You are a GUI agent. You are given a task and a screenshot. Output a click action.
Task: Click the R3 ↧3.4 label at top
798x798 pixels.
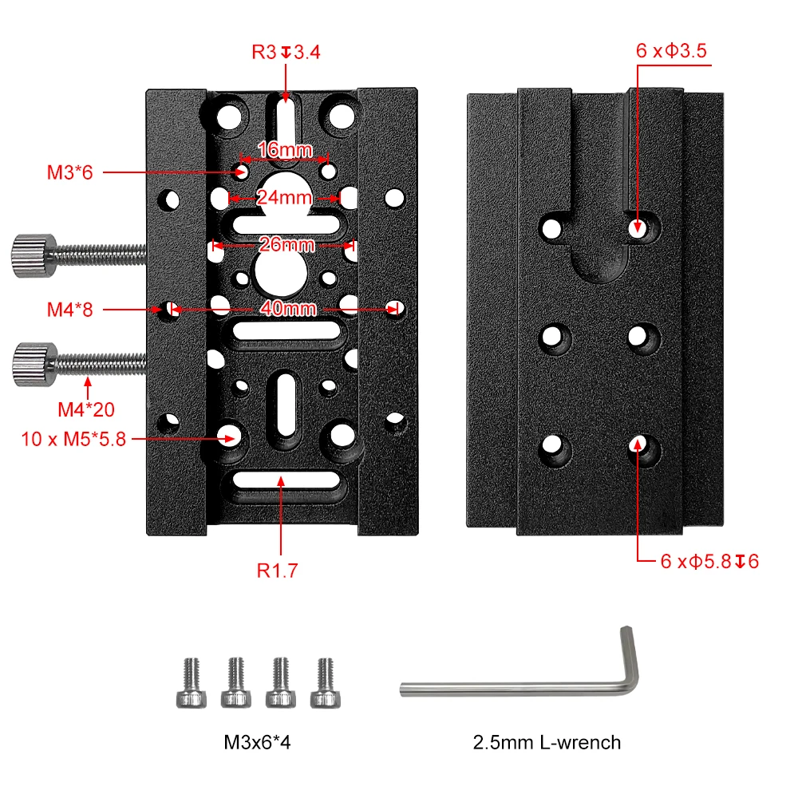(x=286, y=53)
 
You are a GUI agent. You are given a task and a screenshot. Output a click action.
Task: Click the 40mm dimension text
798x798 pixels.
(x=283, y=308)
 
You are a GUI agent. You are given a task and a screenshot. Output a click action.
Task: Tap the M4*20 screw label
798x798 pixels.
(x=86, y=410)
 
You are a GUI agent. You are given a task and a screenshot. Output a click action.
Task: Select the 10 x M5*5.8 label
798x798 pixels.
(x=74, y=438)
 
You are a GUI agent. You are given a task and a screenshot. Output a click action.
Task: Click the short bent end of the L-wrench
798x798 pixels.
(x=629, y=654)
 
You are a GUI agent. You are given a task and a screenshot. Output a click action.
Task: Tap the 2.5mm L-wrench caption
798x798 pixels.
(x=547, y=743)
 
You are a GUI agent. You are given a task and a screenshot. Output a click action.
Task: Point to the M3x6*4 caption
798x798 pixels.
(x=258, y=743)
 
